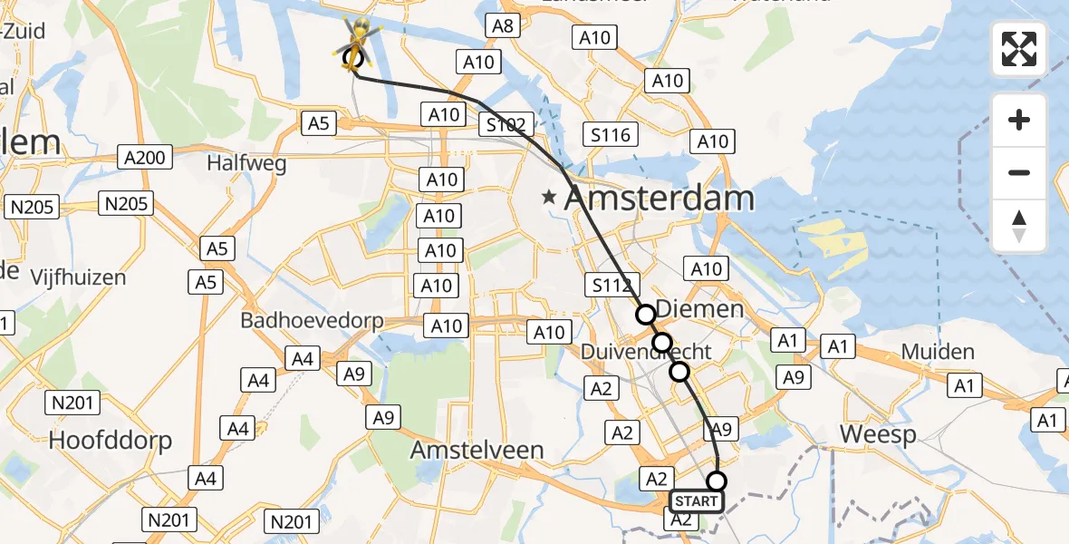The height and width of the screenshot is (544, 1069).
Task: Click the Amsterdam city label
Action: [659, 198]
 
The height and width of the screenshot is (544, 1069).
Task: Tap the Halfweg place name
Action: [246, 163]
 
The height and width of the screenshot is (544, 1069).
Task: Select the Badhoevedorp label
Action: [312, 321]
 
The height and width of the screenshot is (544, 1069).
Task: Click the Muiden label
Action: [937, 352]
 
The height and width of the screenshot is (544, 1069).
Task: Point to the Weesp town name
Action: [878, 434]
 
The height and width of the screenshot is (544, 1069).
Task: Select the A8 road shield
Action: [503, 25]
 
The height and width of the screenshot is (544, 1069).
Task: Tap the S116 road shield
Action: [610, 135]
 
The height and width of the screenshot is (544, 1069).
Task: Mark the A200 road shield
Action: [145, 158]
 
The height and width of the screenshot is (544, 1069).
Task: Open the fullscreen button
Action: [1019, 49]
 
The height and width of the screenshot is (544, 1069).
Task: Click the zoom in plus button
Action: [1019, 120]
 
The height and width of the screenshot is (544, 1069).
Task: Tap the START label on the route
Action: [697, 501]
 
